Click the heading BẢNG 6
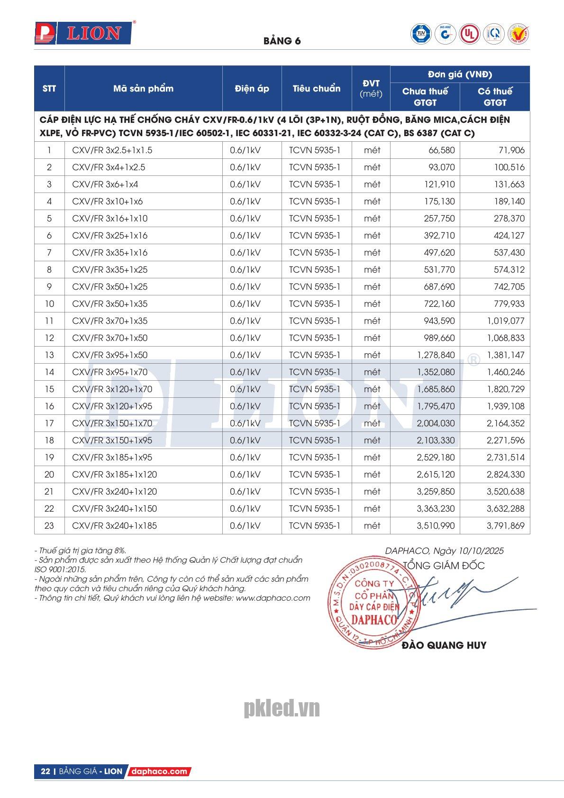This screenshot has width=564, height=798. [282, 41]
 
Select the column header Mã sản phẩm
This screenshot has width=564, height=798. [143, 89]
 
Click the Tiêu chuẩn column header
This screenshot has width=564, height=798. [316, 89]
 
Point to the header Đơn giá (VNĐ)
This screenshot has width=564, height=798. [459, 74]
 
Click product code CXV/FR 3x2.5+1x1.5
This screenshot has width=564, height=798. [112, 150]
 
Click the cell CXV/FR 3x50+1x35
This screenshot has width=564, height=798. [109, 304]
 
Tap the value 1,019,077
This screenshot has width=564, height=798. [505, 321]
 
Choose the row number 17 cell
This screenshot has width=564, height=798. [49, 423]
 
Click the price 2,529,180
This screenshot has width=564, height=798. [436, 458]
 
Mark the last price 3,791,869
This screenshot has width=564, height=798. [505, 526]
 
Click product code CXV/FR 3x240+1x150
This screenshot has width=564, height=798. [114, 509]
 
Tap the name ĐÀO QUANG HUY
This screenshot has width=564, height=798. [444, 645]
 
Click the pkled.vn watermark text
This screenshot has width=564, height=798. [282, 709]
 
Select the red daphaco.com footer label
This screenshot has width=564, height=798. [159, 771]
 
